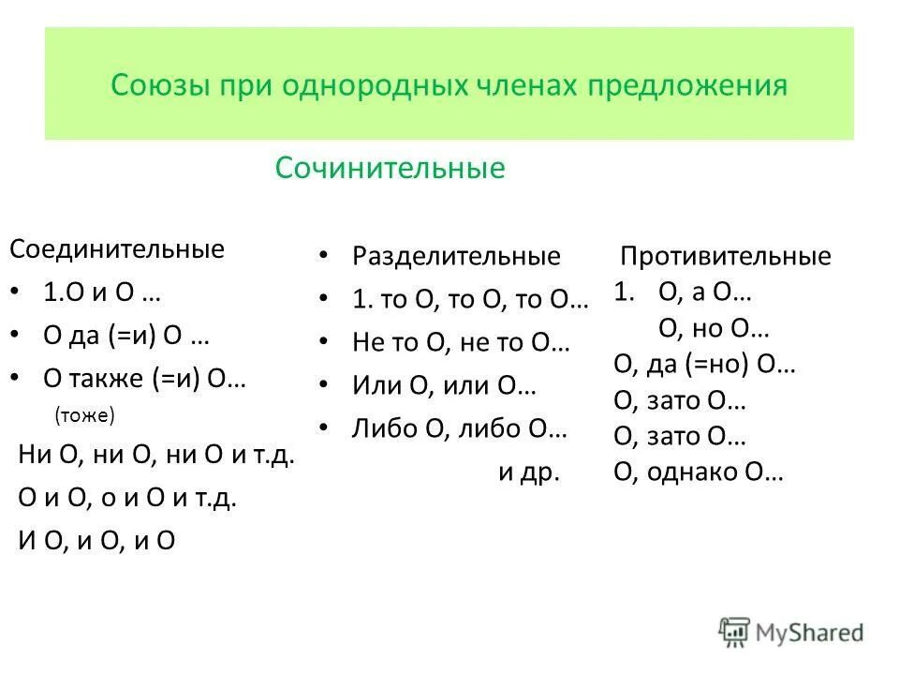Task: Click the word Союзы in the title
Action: [x=160, y=85]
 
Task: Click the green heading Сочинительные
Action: [x=390, y=169]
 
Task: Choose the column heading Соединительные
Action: [x=117, y=249]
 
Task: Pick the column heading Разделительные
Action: [x=456, y=256]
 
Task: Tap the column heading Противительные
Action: [x=726, y=257]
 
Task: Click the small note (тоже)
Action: [x=84, y=413]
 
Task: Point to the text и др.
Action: [x=528, y=472]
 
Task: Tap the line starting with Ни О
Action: [x=156, y=457]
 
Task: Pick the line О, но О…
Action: [x=715, y=329]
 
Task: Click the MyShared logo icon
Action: [x=735, y=632]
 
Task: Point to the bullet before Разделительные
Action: [x=322, y=256]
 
